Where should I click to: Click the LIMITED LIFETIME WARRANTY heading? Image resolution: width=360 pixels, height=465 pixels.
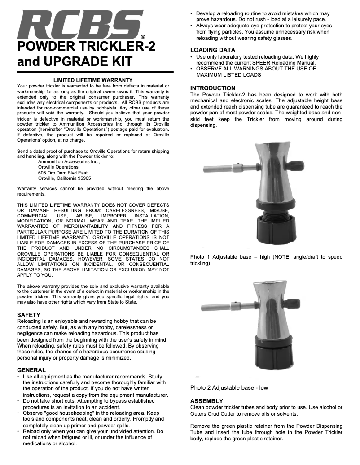tap(93, 80)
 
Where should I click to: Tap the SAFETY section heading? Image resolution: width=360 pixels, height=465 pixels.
tap(29, 315)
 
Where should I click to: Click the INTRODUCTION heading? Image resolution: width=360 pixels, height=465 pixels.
tap(213, 88)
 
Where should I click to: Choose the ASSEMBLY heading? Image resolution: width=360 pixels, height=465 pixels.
tap(207, 400)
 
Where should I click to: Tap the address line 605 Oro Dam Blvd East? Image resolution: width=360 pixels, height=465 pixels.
tap(63, 173)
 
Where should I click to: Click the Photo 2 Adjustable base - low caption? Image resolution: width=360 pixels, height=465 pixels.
tap(229, 387)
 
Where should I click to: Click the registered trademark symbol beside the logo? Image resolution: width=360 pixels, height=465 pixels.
tap(143, 37)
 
